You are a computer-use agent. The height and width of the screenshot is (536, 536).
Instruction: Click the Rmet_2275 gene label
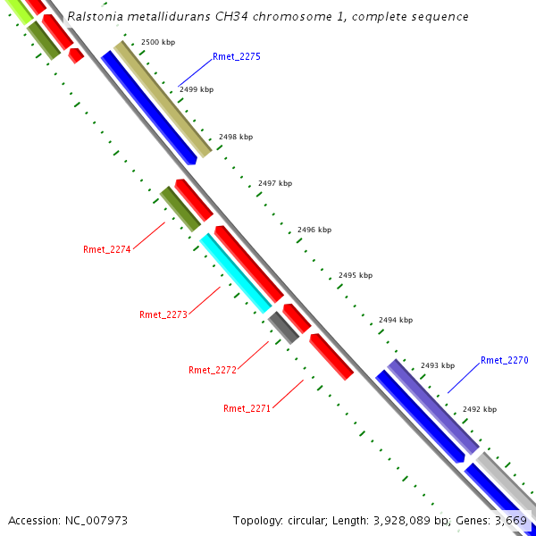tap(237, 56)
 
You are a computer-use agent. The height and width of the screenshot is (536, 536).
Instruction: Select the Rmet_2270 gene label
tap(505, 360)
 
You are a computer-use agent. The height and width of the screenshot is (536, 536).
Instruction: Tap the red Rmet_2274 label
tap(107, 249)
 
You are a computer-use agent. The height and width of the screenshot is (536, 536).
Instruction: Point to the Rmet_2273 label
tap(163, 314)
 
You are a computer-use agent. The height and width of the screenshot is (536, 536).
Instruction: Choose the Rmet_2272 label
tap(213, 370)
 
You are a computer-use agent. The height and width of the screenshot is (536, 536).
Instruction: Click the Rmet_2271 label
tap(247, 408)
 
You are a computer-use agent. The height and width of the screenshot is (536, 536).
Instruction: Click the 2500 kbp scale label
tap(158, 43)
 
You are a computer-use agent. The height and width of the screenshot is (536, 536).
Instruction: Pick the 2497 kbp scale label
tap(275, 183)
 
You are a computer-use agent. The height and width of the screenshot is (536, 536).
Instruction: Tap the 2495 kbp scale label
tap(355, 276)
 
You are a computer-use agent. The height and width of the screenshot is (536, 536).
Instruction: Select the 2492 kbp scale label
tap(480, 409)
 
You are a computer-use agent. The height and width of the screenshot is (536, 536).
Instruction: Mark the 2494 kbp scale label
tap(396, 320)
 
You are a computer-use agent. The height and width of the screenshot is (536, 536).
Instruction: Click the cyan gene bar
tap(235, 272)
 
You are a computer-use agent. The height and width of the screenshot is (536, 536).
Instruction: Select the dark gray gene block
tap(283, 327)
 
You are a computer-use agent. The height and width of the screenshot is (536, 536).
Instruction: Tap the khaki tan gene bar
tap(163, 98)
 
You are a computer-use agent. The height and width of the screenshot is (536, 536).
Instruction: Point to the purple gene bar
tap(432, 406)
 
